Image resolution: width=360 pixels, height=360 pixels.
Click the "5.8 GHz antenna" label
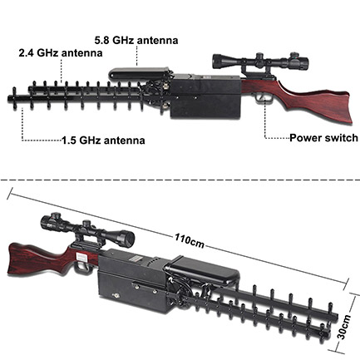136,40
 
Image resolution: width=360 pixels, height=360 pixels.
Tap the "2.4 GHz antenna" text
61,52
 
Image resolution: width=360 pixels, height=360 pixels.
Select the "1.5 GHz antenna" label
103,141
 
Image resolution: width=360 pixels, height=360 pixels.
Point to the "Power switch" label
323,138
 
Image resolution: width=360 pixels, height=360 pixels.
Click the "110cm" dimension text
190,241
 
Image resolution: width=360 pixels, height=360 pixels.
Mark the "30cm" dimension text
344,327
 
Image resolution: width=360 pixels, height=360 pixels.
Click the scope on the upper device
260,62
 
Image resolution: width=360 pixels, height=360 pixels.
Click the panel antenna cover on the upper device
139,74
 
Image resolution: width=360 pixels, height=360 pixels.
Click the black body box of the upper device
205,96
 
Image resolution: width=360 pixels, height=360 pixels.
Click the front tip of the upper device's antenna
9,98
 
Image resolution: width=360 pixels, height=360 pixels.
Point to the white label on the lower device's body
81,257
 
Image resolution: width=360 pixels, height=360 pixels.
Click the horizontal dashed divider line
180,180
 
